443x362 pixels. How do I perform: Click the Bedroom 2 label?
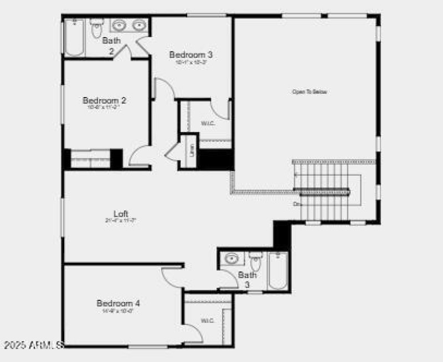(105, 100)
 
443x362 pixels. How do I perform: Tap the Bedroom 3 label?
(191, 54)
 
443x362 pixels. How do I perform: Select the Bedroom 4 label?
(118, 303)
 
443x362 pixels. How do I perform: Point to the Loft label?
(121, 213)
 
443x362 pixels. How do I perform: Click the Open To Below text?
(309, 91)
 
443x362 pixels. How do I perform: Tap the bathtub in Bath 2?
(74, 37)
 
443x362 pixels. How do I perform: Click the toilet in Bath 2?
(97, 27)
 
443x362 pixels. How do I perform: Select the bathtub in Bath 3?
(277, 270)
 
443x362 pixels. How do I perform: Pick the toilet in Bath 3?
(255, 260)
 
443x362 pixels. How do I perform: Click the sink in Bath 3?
(231, 259)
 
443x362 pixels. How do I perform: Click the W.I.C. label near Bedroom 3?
(208, 123)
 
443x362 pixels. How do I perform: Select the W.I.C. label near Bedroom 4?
(208, 320)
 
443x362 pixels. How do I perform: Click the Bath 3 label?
(248, 279)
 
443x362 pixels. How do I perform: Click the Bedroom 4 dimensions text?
(118, 311)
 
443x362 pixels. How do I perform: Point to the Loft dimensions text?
(121, 220)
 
